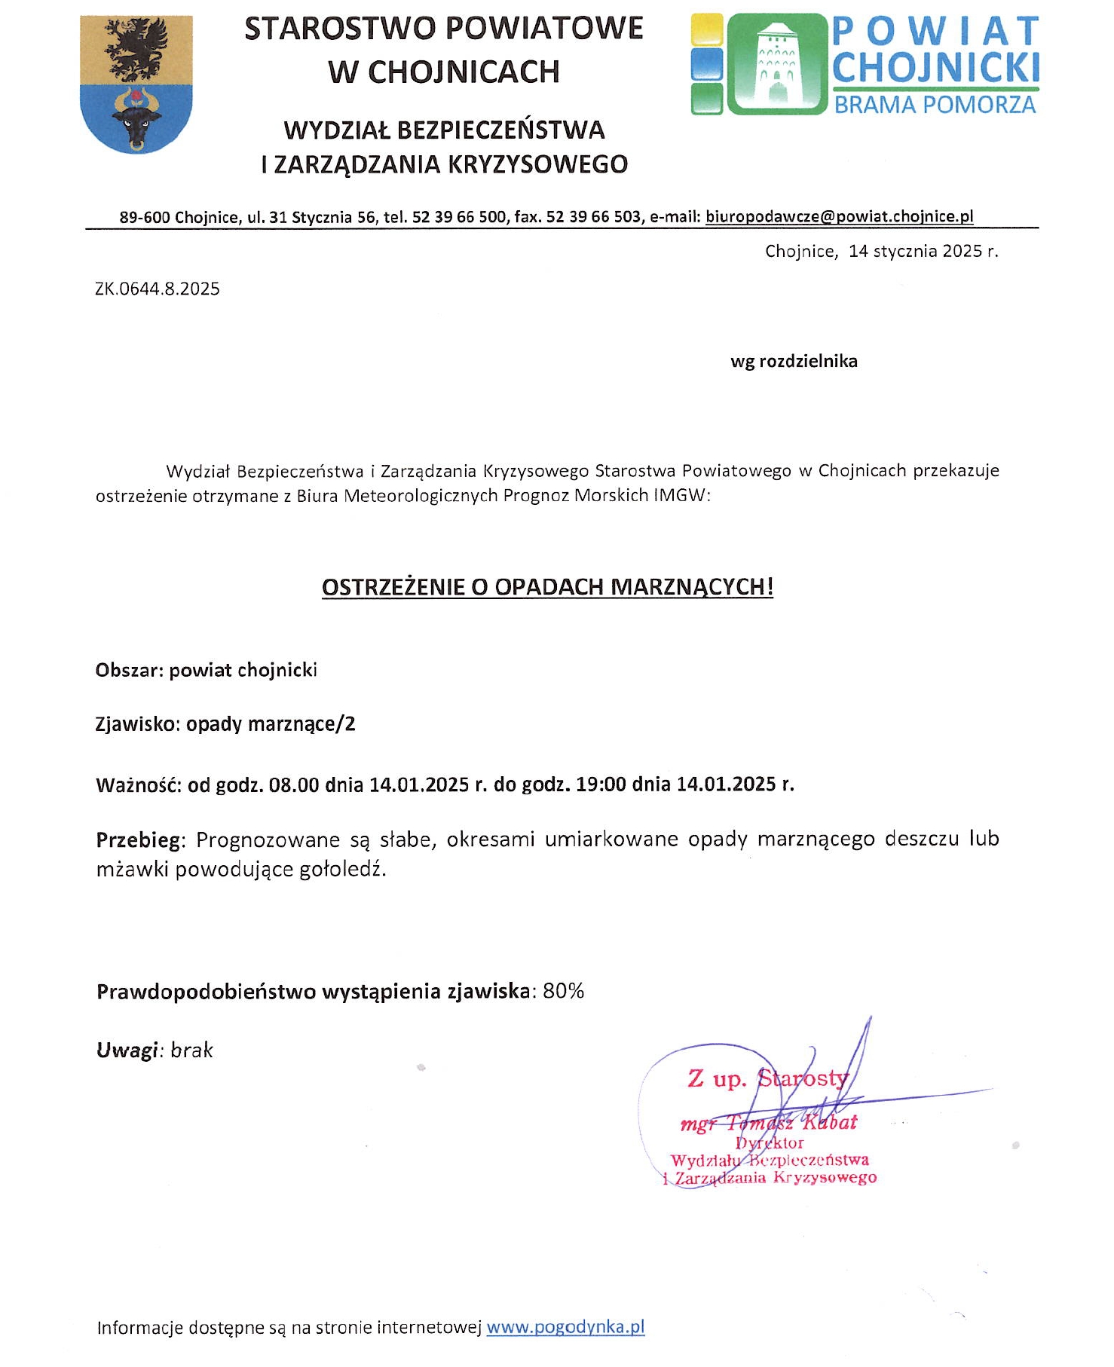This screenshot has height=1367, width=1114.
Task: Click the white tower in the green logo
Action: pyautogui.click(x=776, y=64)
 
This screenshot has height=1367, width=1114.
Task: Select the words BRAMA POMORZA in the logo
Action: pyautogui.click(x=935, y=105)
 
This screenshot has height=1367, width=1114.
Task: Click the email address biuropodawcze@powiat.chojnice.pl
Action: pyautogui.click(x=839, y=217)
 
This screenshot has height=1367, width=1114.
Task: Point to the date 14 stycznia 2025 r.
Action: pyautogui.click(x=923, y=252)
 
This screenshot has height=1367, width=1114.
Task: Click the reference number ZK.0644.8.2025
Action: pyautogui.click(x=158, y=289)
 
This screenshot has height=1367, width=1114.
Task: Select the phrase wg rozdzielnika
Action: pyautogui.click(x=794, y=362)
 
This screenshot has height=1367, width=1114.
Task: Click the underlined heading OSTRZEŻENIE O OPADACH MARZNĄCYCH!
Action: pyautogui.click(x=547, y=588)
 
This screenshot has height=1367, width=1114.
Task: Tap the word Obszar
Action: pyautogui.click(x=127, y=671)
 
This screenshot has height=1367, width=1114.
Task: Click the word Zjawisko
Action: pyautogui.click(x=137, y=725)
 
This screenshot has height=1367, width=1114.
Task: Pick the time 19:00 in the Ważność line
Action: pyautogui.click(x=601, y=784)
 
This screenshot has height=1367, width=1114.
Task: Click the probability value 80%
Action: pyautogui.click(x=563, y=992)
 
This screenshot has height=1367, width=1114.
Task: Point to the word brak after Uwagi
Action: pyautogui.click(x=191, y=1050)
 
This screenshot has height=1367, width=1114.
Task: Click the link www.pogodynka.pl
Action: pyautogui.click(x=565, y=1327)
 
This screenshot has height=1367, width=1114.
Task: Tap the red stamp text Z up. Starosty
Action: pyautogui.click(x=767, y=1079)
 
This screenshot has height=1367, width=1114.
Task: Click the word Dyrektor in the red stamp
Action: pyautogui.click(x=770, y=1143)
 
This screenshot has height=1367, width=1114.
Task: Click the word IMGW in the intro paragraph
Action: pyautogui.click(x=681, y=496)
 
